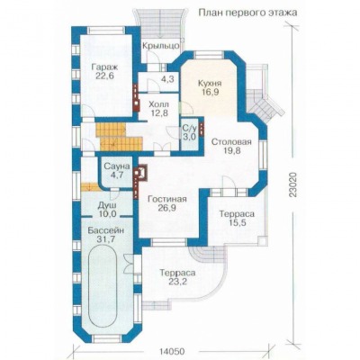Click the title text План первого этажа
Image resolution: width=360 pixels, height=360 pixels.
(247, 13)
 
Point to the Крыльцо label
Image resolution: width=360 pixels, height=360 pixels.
(161, 46)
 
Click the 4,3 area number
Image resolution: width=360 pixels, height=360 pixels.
(167, 80)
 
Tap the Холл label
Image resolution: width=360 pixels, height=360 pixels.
(159, 104)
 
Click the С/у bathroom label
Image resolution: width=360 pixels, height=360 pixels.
(189, 129)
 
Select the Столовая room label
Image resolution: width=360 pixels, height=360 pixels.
(230, 141)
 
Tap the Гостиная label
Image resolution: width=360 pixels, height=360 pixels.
(167, 199)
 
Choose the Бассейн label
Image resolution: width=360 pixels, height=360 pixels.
(106, 230)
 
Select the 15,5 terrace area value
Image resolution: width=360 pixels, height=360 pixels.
(237, 223)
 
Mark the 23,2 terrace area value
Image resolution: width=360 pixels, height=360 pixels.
(177, 282)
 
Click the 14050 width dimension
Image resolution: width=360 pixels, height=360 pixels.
(170, 351)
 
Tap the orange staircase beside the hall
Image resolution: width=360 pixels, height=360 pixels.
(119, 138)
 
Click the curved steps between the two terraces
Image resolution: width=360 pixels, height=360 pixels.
(201, 255)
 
